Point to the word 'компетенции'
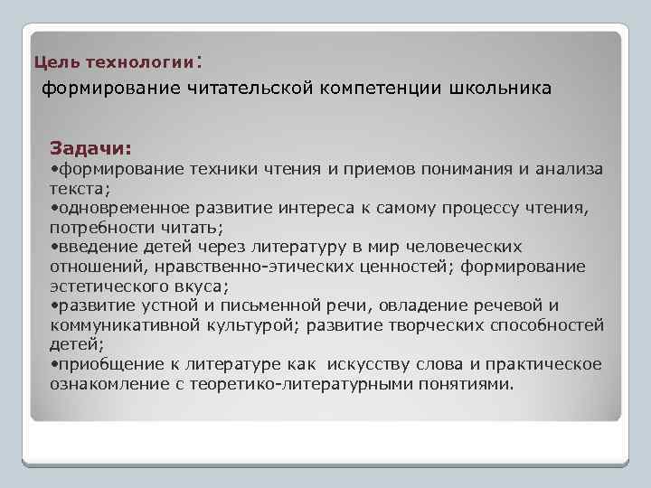click(x=379, y=89)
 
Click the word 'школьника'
click(x=500, y=89)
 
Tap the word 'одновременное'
click(x=118, y=208)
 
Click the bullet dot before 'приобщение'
click(x=54, y=364)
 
